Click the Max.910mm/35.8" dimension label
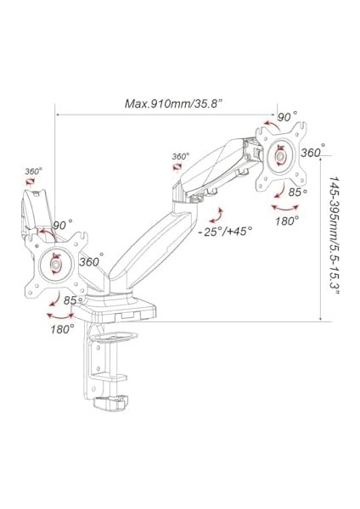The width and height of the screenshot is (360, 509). click(x=173, y=103)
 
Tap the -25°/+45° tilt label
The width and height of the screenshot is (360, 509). click(x=226, y=232)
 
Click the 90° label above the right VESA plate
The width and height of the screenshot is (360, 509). click(x=288, y=116)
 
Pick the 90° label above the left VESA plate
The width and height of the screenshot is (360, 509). click(x=63, y=224)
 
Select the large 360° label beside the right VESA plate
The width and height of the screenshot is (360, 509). click(x=313, y=152)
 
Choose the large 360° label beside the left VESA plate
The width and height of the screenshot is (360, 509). click(x=92, y=260)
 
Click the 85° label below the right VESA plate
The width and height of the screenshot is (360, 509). click(x=298, y=192)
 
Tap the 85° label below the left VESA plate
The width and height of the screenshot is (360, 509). click(x=73, y=300)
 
